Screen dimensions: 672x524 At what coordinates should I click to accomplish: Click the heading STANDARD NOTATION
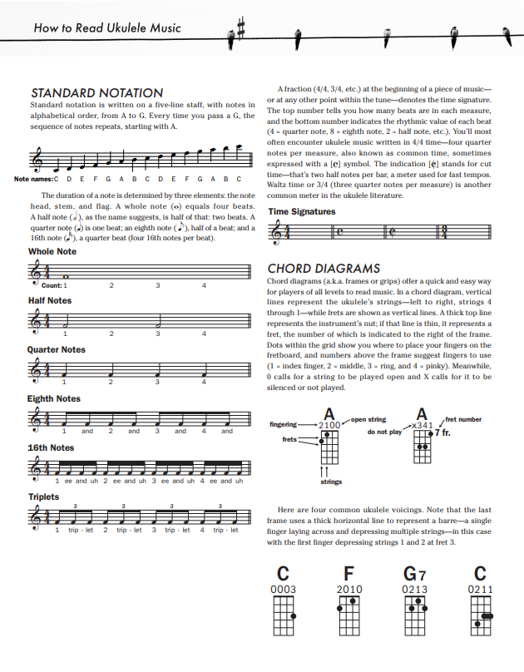click(x=96, y=92)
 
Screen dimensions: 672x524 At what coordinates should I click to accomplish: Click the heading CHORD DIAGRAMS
click(x=324, y=269)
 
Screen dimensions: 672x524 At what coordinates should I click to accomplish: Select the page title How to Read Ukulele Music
click(x=107, y=28)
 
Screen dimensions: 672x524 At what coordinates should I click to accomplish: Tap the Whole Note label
click(x=52, y=251)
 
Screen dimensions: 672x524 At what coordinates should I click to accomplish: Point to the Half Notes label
click(x=50, y=300)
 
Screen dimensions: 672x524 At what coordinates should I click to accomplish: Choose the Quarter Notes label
click(x=57, y=349)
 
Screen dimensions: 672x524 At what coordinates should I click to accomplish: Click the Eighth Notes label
click(x=54, y=398)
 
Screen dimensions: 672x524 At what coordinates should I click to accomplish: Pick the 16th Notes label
click(x=51, y=447)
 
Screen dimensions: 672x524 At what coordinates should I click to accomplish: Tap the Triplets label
click(x=44, y=497)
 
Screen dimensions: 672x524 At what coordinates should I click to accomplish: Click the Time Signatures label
click(x=302, y=211)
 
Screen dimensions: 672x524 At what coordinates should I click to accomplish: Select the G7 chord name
click(x=414, y=573)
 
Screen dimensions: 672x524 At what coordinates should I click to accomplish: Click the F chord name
click(x=349, y=573)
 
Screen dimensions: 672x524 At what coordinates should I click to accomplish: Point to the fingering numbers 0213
click(x=414, y=590)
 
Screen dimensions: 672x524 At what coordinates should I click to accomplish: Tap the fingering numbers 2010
click(x=349, y=590)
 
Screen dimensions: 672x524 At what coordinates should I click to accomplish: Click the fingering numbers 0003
click(x=284, y=590)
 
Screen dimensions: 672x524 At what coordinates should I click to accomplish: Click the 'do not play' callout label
click(x=383, y=432)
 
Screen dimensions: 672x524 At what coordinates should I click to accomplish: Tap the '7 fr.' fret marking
click(x=442, y=434)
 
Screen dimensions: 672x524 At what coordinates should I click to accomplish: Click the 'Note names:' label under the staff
click(x=32, y=179)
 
